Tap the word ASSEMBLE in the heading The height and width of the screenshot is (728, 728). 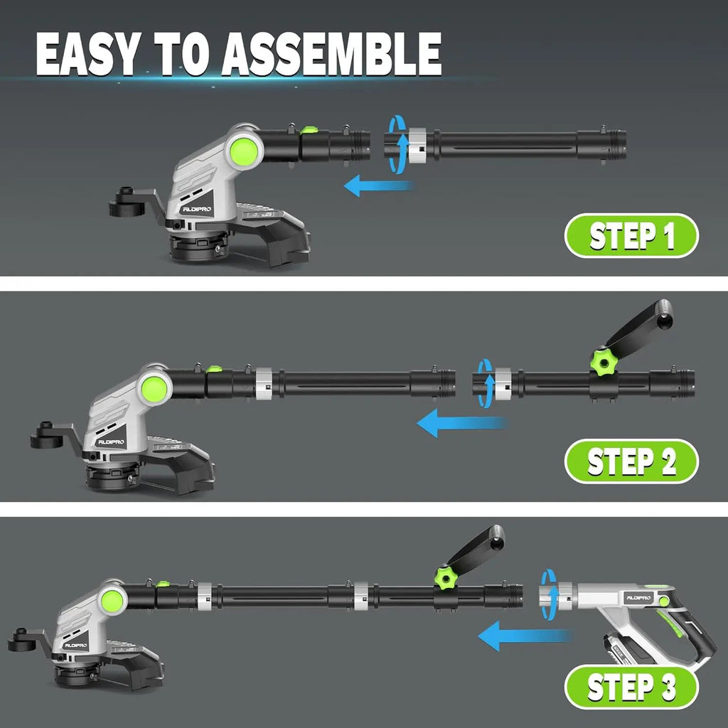(331, 54)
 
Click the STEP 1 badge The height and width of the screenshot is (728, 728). (631, 235)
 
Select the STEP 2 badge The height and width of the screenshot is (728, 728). (631, 461)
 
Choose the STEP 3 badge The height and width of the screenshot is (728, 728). (631, 687)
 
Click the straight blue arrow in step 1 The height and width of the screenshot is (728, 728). (378, 186)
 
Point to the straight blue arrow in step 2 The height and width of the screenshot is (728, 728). (462, 423)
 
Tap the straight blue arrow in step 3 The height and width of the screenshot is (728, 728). (525, 636)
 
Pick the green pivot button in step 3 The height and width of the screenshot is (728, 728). (112, 600)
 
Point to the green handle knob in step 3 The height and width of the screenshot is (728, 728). (446, 577)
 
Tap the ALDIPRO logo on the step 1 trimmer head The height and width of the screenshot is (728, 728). (197, 210)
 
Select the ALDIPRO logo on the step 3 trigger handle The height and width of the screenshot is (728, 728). (639, 597)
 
